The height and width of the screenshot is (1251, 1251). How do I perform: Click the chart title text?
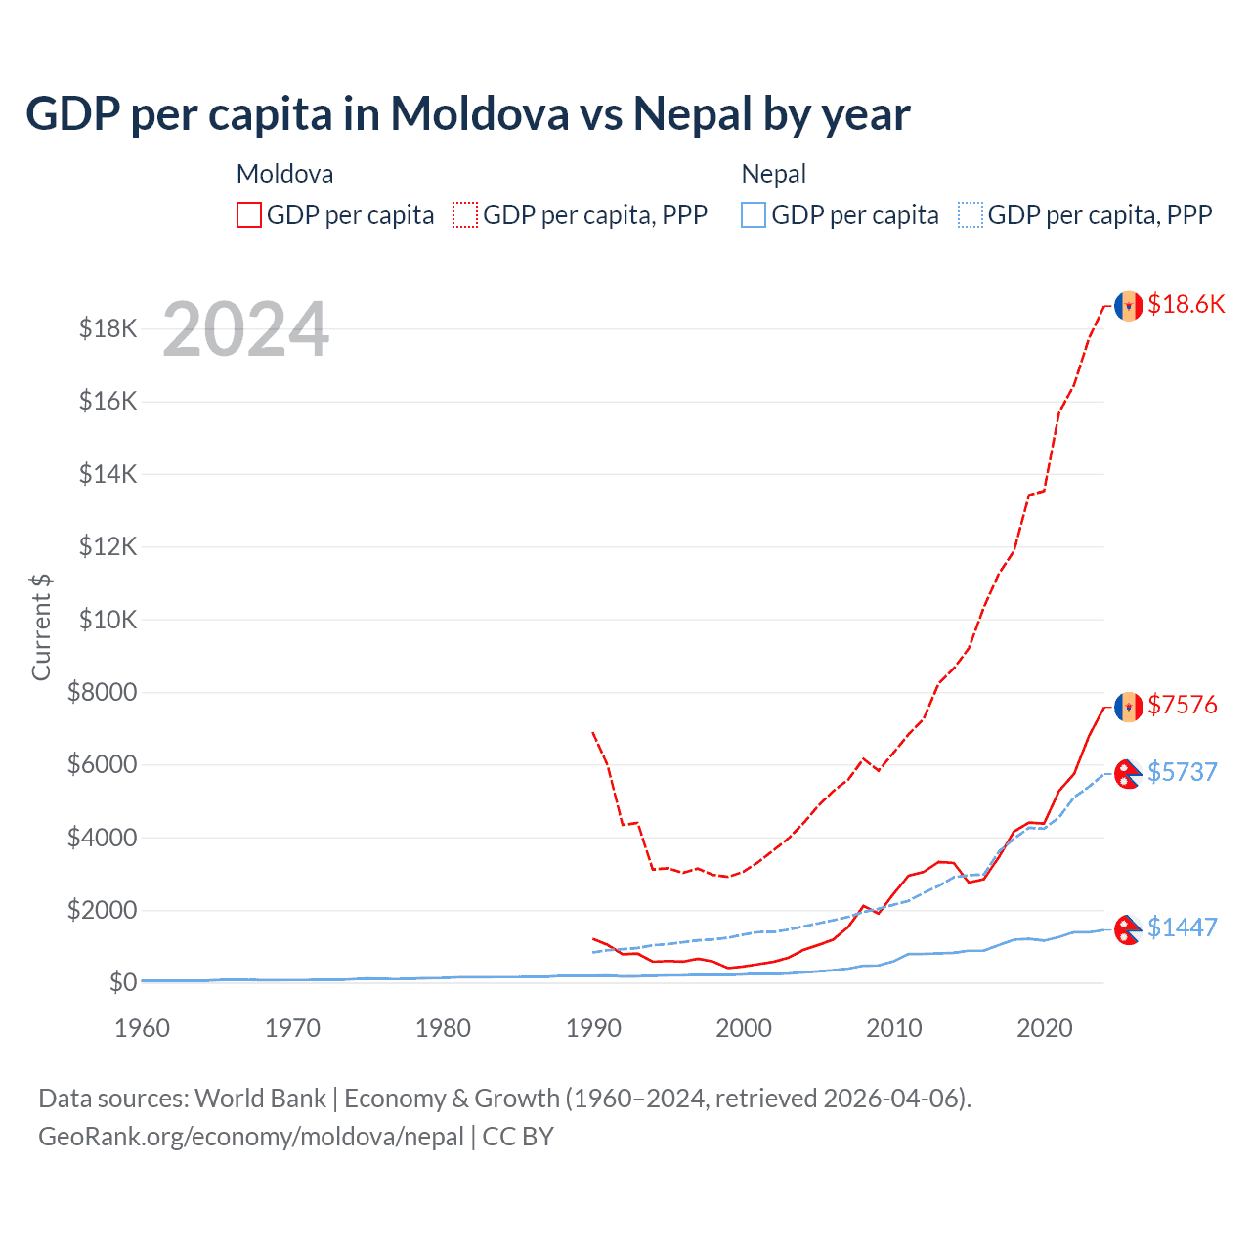468,114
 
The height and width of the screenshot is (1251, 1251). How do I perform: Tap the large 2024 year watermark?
245,329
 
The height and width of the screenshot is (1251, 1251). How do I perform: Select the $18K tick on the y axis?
108,328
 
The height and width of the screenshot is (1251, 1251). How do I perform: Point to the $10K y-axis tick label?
108,620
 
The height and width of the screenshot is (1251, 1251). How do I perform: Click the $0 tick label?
123,982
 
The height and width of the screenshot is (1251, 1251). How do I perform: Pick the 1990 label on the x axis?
593,1028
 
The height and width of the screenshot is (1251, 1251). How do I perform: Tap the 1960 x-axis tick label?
143,1028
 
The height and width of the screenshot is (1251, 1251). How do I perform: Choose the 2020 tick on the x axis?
1045,1028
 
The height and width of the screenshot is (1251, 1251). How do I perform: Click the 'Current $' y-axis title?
41,626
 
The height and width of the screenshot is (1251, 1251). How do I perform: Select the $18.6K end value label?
1186,304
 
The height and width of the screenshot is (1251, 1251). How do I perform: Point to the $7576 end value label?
1183,705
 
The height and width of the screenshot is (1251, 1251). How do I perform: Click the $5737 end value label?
1183,772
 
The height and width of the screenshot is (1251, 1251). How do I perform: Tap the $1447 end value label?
1183,927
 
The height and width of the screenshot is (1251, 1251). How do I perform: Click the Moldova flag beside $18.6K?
1129,306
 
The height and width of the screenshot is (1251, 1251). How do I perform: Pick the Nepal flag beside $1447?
1129,929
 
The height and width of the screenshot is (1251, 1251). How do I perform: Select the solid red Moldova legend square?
249,215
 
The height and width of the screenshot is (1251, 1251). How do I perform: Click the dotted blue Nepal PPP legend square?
971,215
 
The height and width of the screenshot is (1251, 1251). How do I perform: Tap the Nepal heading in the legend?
774,174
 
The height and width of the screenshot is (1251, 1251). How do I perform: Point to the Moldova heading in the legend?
285,174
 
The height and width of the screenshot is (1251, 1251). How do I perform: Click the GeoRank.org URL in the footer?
251,1137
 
